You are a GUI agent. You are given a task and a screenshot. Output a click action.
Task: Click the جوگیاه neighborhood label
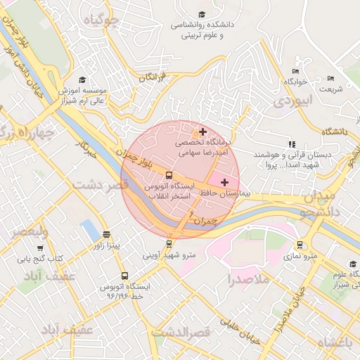click(x=101, y=20)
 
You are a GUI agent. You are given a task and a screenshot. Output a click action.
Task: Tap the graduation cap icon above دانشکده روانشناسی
click(x=202, y=14)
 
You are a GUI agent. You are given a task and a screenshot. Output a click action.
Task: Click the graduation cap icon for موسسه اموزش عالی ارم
click(x=82, y=80)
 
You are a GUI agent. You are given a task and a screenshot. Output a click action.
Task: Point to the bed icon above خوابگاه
click(x=295, y=71)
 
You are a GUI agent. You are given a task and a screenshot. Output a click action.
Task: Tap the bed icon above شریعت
click(x=330, y=78)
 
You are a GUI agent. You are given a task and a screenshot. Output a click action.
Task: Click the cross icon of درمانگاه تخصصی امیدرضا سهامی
click(x=202, y=131)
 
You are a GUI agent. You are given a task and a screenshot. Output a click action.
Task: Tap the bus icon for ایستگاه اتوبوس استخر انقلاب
click(x=169, y=175)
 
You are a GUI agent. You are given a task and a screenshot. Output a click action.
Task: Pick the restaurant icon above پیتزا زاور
click(x=106, y=235)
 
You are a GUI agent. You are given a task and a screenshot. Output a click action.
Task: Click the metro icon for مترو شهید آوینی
click(x=169, y=244)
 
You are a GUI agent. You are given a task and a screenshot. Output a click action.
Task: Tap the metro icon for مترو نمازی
click(x=300, y=245)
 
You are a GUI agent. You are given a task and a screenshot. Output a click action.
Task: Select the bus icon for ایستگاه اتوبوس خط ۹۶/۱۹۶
click(x=124, y=276)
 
